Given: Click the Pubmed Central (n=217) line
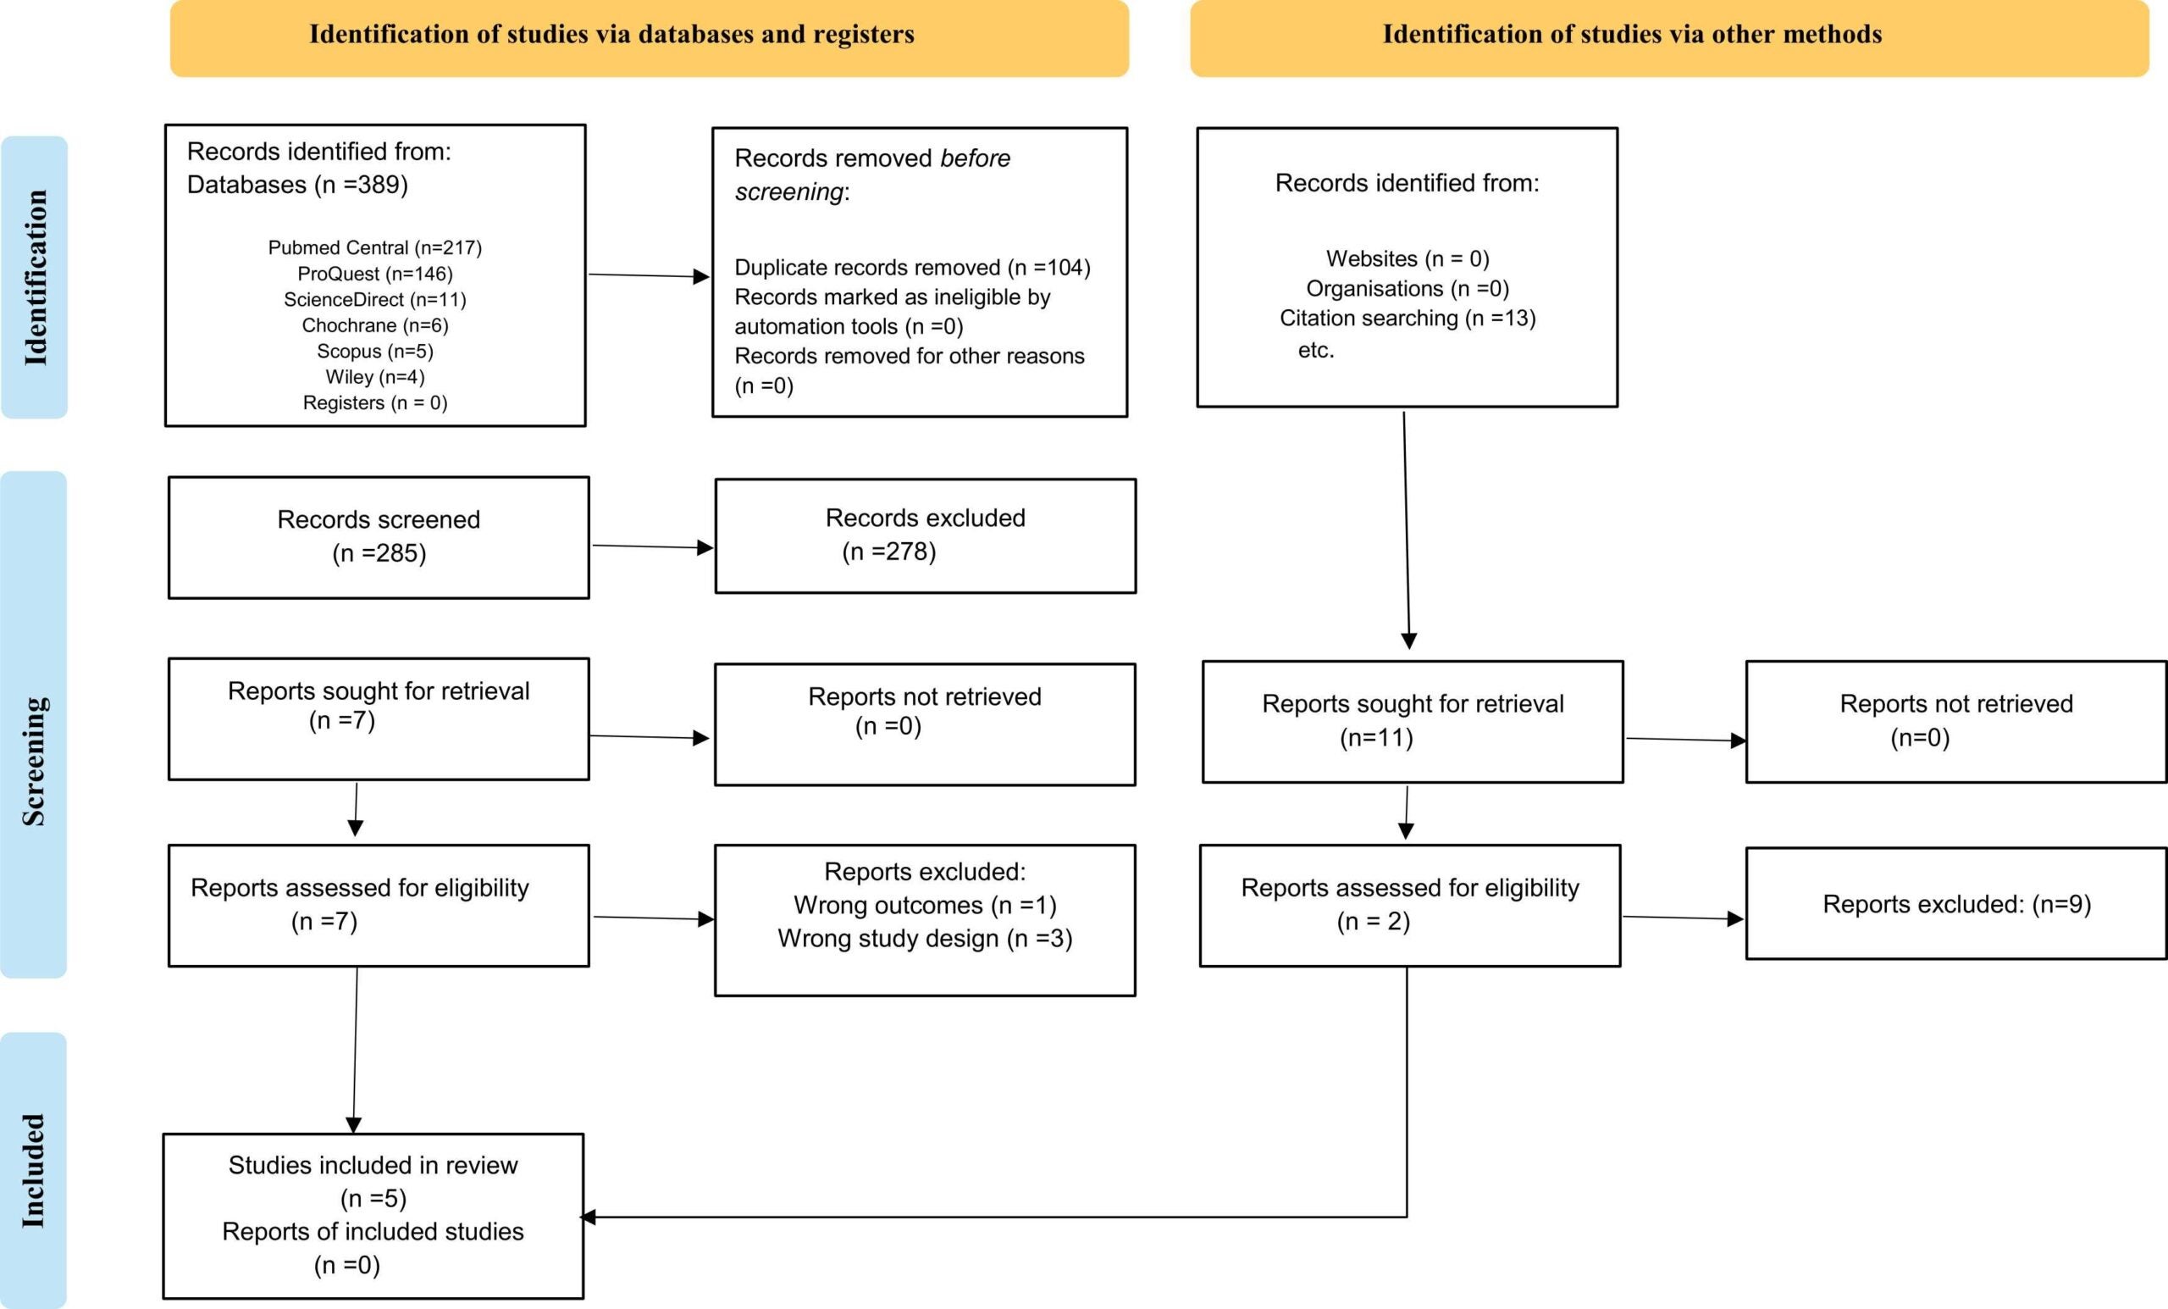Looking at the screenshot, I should pyautogui.click(x=375, y=247).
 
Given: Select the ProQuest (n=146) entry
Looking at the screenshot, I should pyautogui.click(x=375, y=274).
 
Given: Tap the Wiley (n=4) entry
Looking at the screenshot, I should pyautogui.click(x=375, y=377).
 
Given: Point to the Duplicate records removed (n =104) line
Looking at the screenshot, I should pyautogui.click(x=911, y=268).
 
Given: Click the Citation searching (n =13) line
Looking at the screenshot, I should pyautogui.click(x=1407, y=318).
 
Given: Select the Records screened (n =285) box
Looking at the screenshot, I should pyautogui.click(x=379, y=537).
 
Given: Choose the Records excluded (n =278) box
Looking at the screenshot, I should pyautogui.click(x=925, y=535).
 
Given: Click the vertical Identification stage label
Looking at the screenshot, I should pyautogui.click(x=35, y=277).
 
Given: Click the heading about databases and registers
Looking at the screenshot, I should pyautogui.click(x=611, y=35).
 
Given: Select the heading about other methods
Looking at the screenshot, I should pyautogui.click(x=1631, y=35).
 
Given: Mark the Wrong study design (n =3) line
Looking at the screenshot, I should pyautogui.click(x=924, y=939).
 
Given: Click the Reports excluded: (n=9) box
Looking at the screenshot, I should pyautogui.click(x=1955, y=903).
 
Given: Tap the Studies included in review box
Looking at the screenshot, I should pyautogui.click(x=373, y=1215).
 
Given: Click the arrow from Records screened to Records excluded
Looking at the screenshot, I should pyautogui.click(x=651, y=546).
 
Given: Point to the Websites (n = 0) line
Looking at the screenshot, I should pyautogui.click(x=1407, y=258).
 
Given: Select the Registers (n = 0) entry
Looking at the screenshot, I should pyautogui.click(x=375, y=402).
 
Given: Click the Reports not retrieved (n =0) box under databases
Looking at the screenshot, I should pyautogui.click(x=924, y=724).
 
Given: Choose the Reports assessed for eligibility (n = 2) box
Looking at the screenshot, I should pyautogui.click(x=1408, y=905).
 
